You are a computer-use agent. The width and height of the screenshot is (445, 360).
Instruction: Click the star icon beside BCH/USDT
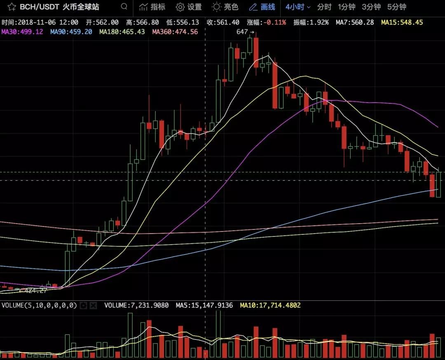pos(12,7)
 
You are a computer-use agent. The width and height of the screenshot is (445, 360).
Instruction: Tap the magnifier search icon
pos(124,7)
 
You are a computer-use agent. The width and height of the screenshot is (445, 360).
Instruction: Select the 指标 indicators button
pos(152,7)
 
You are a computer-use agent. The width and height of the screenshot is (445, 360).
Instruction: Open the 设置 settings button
pos(189,7)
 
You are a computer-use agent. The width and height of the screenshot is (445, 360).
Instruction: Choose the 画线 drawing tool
pos(262,7)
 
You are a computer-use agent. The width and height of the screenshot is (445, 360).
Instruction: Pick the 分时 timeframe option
pos(324,7)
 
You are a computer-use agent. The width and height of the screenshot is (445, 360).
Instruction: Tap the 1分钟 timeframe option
pos(347,7)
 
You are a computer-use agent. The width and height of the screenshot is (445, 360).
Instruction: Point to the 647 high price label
pos(243,32)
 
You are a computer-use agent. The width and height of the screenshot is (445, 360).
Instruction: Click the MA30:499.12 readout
pos(22,32)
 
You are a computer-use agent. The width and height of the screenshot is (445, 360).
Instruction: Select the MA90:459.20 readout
pos(71,32)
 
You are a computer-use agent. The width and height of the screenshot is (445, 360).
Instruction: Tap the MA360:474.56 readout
pos(175,32)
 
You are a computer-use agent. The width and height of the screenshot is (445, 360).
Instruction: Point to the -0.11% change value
pos(275,22)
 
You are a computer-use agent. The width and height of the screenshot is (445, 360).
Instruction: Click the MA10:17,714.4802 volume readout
pos(270,305)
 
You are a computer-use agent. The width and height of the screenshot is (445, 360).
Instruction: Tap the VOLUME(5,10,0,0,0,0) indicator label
pos(39,305)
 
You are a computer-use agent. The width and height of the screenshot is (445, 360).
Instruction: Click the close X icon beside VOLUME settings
pos(93,305)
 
